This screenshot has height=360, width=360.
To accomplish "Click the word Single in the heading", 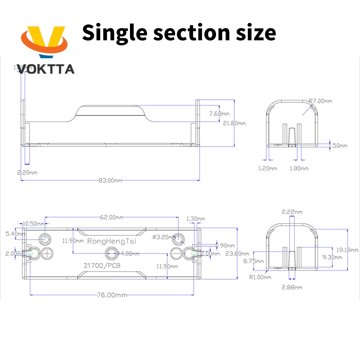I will tap(114, 32).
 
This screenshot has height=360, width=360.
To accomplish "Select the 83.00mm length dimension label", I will tap(110, 180).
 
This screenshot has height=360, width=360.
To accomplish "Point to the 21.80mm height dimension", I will tap(234, 123).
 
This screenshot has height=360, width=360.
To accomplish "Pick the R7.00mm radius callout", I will tap(320, 101).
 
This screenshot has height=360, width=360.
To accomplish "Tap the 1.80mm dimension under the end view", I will tap(299, 168).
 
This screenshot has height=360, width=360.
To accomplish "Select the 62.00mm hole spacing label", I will tap(111, 217).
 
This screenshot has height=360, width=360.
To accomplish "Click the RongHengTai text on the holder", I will tap(112, 241).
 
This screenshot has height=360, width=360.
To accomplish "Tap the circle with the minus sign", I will tap(176, 253).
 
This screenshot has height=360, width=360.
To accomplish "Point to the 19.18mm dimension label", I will tap(350, 249).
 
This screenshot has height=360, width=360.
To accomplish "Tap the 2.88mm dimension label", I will tap(292, 287).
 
